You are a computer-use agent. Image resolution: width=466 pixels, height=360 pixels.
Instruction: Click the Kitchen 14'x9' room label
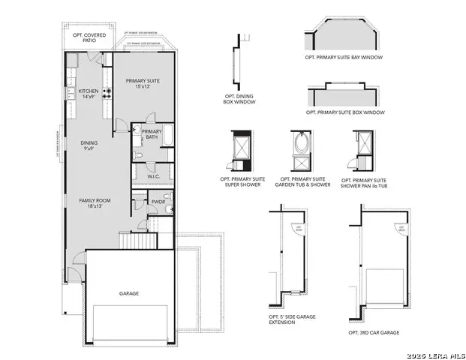coord(89,93)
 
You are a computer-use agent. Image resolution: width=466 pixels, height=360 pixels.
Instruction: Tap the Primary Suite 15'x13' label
coord(143,83)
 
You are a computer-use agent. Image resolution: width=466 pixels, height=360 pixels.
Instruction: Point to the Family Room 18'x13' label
coord(95,204)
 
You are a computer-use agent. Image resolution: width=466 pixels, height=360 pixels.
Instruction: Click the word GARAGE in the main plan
coord(129,293)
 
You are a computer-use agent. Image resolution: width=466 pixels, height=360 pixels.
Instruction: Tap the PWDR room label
coord(158,201)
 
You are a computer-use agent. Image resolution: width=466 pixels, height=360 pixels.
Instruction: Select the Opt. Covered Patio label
coord(89,38)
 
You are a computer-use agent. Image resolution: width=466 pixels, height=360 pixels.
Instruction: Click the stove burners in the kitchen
coord(107,93)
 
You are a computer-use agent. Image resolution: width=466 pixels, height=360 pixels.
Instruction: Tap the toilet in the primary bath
coord(140,154)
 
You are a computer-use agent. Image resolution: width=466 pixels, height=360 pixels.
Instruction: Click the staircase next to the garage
coord(137,241)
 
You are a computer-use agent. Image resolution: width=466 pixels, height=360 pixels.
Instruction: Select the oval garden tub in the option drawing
coord(302,142)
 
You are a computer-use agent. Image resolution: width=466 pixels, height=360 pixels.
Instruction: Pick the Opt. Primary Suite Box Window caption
coord(346,112)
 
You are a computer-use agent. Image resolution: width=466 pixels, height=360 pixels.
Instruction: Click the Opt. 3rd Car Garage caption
coord(373,331)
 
